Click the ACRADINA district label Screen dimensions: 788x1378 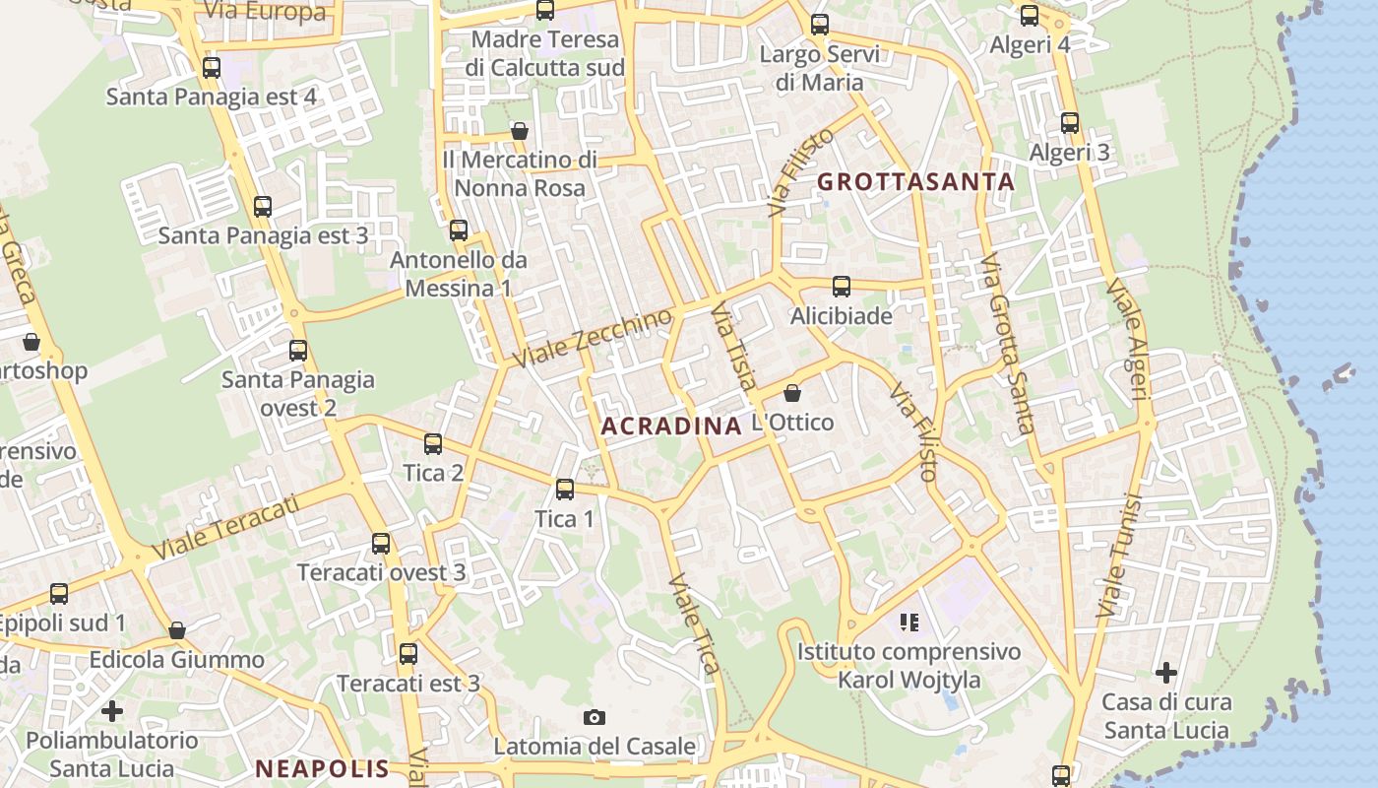tap(670, 426)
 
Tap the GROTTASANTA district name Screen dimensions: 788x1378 tap(915, 181)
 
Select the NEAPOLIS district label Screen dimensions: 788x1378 tap(323, 768)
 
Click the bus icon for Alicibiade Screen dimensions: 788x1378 tap(842, 287)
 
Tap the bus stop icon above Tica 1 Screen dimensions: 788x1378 tap(565, 489)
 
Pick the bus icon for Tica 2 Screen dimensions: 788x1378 tap(433, 443)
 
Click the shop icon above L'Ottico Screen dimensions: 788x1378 tap(792, 393)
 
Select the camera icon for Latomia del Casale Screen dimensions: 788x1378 tap(594, 717)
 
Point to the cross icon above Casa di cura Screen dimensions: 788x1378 tap(1166, 673)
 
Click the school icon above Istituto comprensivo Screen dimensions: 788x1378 tap(908, 622)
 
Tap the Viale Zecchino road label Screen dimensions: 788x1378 tap(593, 338)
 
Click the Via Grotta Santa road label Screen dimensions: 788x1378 tap(1008, 345)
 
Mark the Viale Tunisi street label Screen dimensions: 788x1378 tap(1118, 558)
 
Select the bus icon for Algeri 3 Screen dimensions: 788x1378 tap(1070, 123)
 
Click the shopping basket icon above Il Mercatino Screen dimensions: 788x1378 tap(520, 131)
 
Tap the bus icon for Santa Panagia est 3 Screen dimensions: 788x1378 tap(263, 207)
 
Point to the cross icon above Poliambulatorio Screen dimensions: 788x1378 tap(112, 710)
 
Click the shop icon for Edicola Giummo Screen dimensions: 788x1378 tap(177, 629)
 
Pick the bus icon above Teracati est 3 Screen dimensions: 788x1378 tap(408, 653)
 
